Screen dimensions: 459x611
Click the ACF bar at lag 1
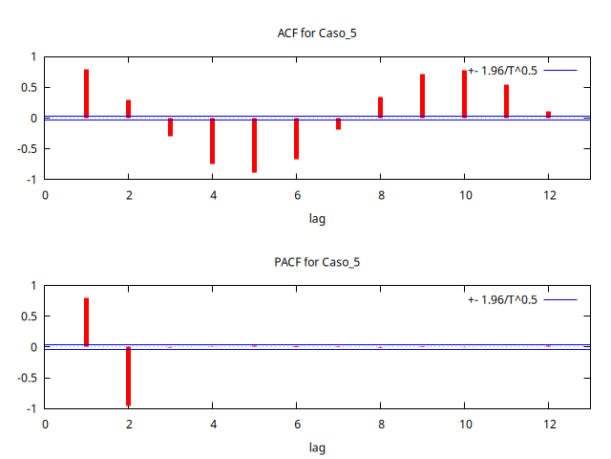[x=86, y=94]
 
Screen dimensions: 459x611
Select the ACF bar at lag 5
[x=254, y=145]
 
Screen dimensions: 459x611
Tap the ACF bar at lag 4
[x=212, y=141]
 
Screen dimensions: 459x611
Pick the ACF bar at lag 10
[x=464, y=94]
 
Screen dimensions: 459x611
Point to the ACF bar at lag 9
[x=422, y=96]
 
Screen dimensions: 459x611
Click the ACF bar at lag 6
[x=296, y=139]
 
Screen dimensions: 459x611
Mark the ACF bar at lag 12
[x=548, y=115]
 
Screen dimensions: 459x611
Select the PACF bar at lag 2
[x=128, y=376]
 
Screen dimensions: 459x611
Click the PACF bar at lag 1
[x=86, y=322]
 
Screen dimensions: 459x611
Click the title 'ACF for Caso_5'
[x=317, y=33]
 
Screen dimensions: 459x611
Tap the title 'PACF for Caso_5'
[x=317, y=262]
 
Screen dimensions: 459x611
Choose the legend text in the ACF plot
[x=503, y=71]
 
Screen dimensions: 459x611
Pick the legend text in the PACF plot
[x=503, y=299]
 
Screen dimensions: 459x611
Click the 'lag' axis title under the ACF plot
[x=317, y=219]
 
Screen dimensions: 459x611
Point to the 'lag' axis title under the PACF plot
[x=317, y=448]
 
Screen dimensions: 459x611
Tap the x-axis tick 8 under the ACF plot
[x=380, y=195]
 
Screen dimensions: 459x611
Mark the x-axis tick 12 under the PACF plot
[x=548, y=424]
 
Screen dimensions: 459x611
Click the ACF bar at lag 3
[x=170, y=127]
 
